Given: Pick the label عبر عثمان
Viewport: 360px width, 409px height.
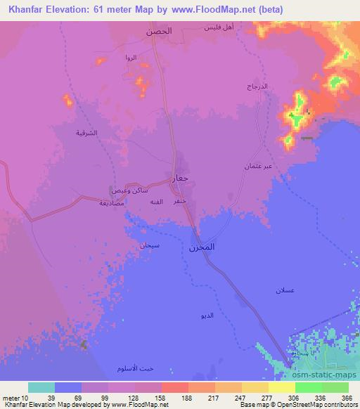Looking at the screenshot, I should pos(258,167).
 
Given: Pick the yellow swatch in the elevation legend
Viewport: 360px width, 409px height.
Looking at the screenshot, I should pos(281,387).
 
